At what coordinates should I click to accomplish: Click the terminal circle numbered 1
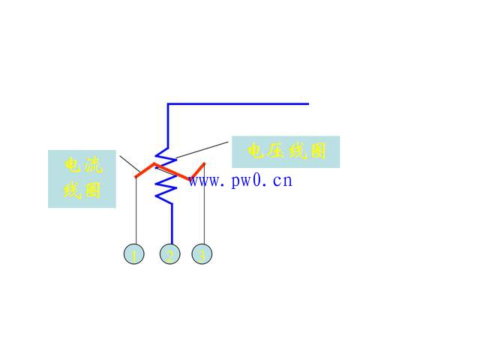point(133,254)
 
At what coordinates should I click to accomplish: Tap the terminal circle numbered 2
point(170,254)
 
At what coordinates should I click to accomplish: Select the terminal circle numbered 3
point(202,254)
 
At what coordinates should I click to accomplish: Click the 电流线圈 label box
point(82,178)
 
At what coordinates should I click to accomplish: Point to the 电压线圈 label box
point(286,151)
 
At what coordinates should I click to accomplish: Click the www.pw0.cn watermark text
point(240,181)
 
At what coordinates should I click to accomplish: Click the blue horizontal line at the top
point(240,104)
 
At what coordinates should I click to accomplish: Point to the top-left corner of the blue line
point(168,104)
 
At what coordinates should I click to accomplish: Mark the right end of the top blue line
point(307,104)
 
